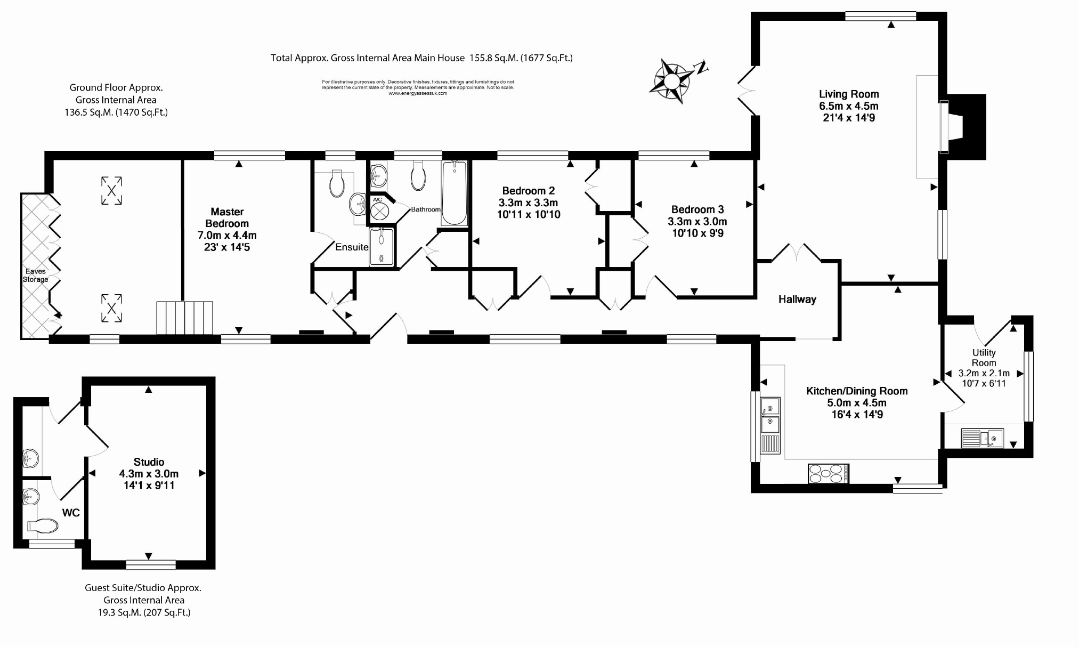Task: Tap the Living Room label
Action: (849, 94)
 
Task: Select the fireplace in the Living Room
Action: (954, 127)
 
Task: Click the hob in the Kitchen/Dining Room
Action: (829, 474)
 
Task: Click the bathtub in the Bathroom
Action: (455, 193)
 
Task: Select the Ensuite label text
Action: (352, 247)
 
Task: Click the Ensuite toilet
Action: (337, 183)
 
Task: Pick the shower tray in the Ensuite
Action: (382, 247)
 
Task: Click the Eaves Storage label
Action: (35, 275)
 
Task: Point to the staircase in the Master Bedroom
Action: (184, 318)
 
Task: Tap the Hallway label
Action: (797, 300)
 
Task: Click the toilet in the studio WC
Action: (43, 526)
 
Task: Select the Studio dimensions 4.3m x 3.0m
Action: (149, 474)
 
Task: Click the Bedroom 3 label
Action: (697, 209)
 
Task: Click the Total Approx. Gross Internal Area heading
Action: (421, 58)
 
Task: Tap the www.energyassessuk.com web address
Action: (418, 93)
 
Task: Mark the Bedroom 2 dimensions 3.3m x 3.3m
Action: (528, 203)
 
